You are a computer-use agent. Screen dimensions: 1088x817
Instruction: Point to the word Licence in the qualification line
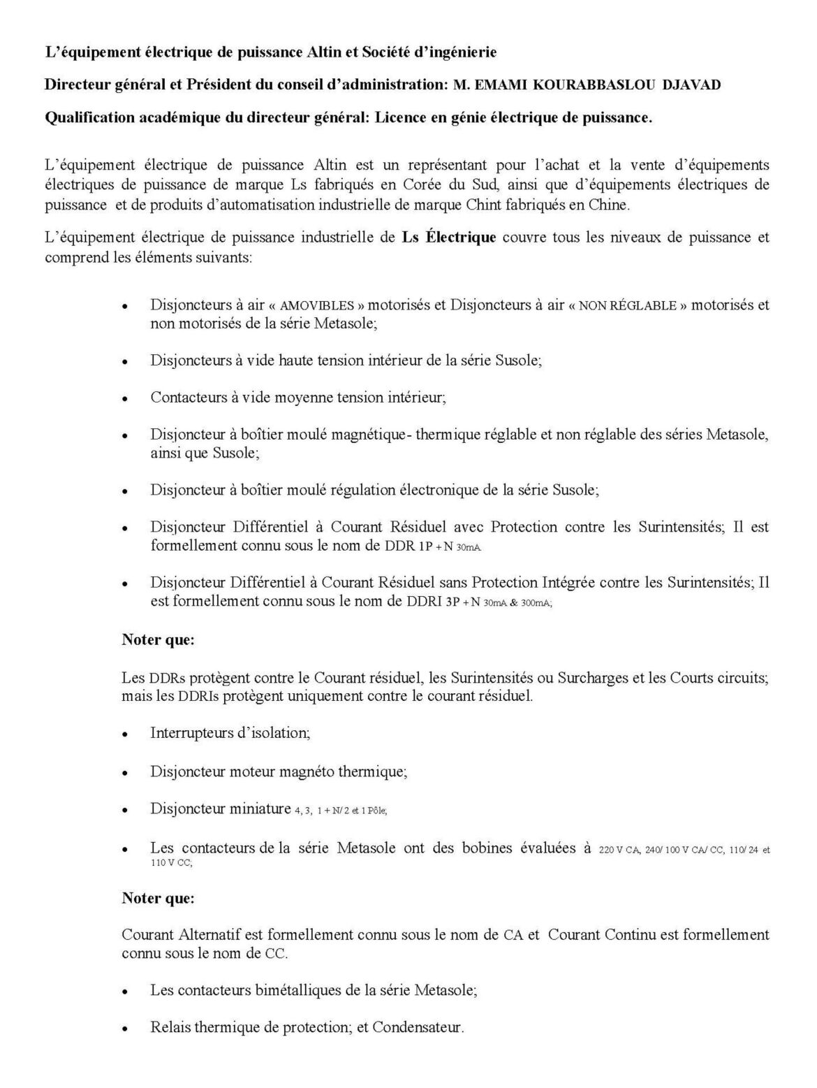(399, 117)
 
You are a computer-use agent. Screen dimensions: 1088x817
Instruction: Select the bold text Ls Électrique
(449, 238)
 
